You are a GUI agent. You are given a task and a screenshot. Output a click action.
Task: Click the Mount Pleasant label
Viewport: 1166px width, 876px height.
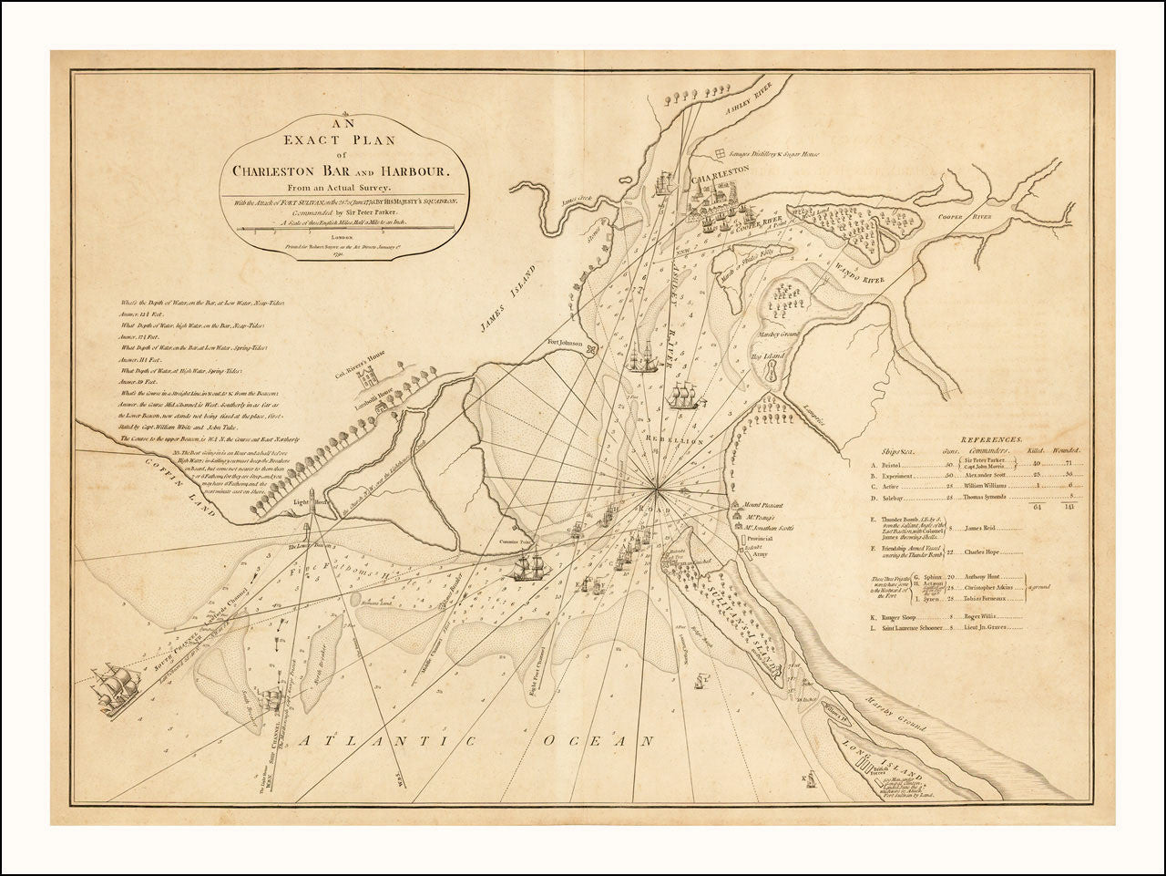pyautogui.click(x=763, y=503)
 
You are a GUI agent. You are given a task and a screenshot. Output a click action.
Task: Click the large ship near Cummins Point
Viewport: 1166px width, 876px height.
pyautogui.click(x=528, y=565)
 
